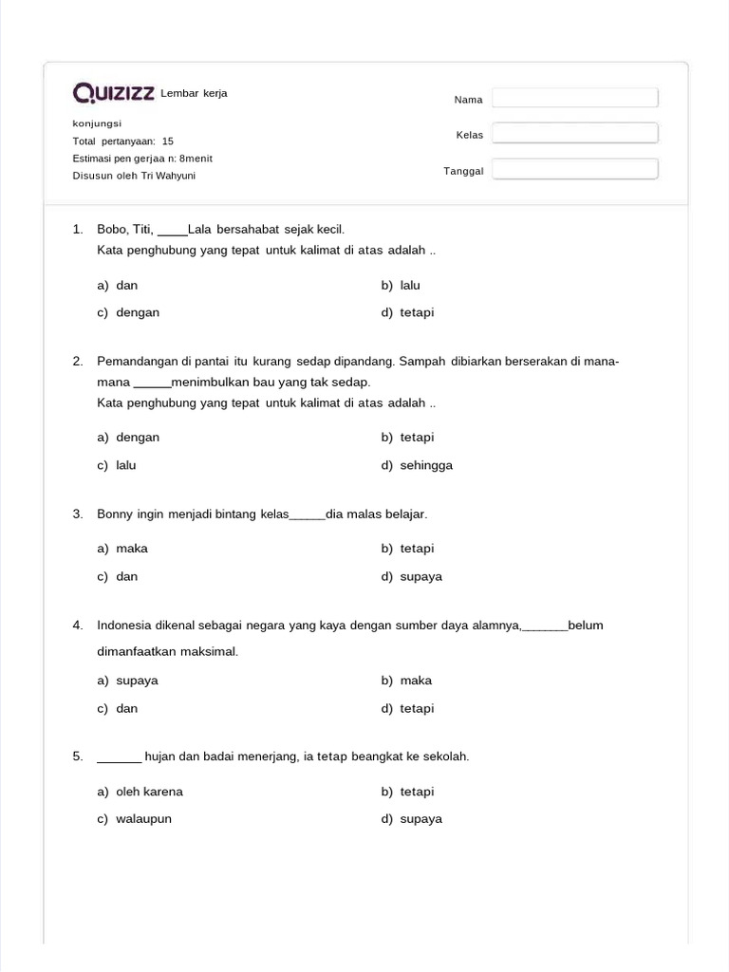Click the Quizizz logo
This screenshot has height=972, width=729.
tap(114, 93)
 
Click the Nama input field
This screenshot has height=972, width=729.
tap(574, 99)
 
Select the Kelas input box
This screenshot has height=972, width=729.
tap(574, 134)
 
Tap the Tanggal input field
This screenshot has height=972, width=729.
tap(574, 169)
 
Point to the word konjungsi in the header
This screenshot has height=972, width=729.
tap(98, 123)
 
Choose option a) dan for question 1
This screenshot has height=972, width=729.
tap(118, 285)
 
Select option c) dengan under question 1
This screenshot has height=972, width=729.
tap(128, 312)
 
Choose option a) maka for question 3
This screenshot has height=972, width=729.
tap(122, 548)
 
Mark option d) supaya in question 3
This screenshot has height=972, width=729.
tap(412, 576)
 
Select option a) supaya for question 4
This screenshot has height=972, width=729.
tap(128, 680)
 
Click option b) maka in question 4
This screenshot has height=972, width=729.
tap(407, 680)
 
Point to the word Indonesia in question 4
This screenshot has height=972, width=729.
tap(125, 625)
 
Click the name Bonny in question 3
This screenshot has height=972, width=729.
tap(115, 514)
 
